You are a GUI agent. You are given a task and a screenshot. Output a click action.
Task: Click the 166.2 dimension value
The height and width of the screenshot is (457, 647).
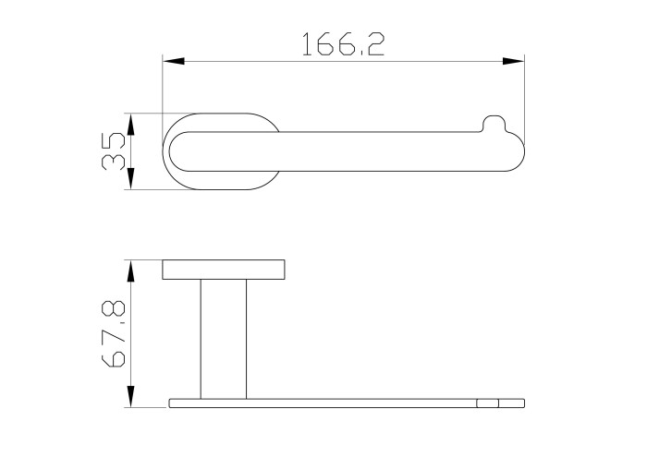(x=343, y=44)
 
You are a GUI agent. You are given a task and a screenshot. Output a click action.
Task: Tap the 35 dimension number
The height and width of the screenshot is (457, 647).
(x=113, y=151)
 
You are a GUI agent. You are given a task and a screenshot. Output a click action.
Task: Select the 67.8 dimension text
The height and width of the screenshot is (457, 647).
(x=113, y=334)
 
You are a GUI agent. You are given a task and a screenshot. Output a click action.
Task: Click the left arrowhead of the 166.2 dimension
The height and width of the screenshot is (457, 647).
(x=174, y=62)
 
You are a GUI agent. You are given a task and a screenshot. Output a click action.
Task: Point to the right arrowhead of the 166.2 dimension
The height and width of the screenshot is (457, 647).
(x=513, y=62)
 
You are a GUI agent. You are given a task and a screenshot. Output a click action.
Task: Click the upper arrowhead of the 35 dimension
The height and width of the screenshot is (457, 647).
(x=130, y=124)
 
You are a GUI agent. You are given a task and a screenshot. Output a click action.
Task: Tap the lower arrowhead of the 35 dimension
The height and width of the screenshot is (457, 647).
(x=130, y=179)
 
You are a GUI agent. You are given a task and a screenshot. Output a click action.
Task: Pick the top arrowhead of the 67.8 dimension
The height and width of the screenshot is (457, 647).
(x=130, y=271)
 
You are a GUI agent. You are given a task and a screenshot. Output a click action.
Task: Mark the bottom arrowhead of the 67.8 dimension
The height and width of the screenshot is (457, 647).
(x=130, y=397)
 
